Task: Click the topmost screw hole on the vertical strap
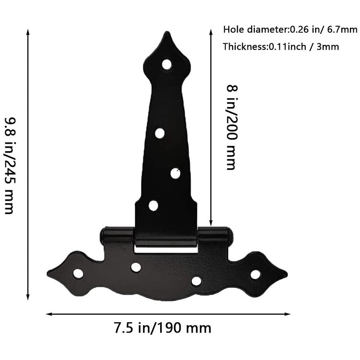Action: click(x=167, y=64)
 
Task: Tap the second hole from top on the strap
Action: click(x=160, y=133)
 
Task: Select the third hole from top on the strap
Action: click(x=175, y=173)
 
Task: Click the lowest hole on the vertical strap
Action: click(x=153, y=206)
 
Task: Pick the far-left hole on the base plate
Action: click(x=78, y=273)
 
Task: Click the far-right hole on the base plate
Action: click(x=255, y=274)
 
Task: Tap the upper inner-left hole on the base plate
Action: click(x=136, y=267)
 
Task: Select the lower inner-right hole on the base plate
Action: click(x=196, y=281)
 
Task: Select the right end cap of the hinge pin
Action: click(x=230, y=234)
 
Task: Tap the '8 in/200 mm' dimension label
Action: click(x=231, y=127)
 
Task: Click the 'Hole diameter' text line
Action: click(x=284, y=30)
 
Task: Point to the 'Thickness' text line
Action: click(x=281, y=46)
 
